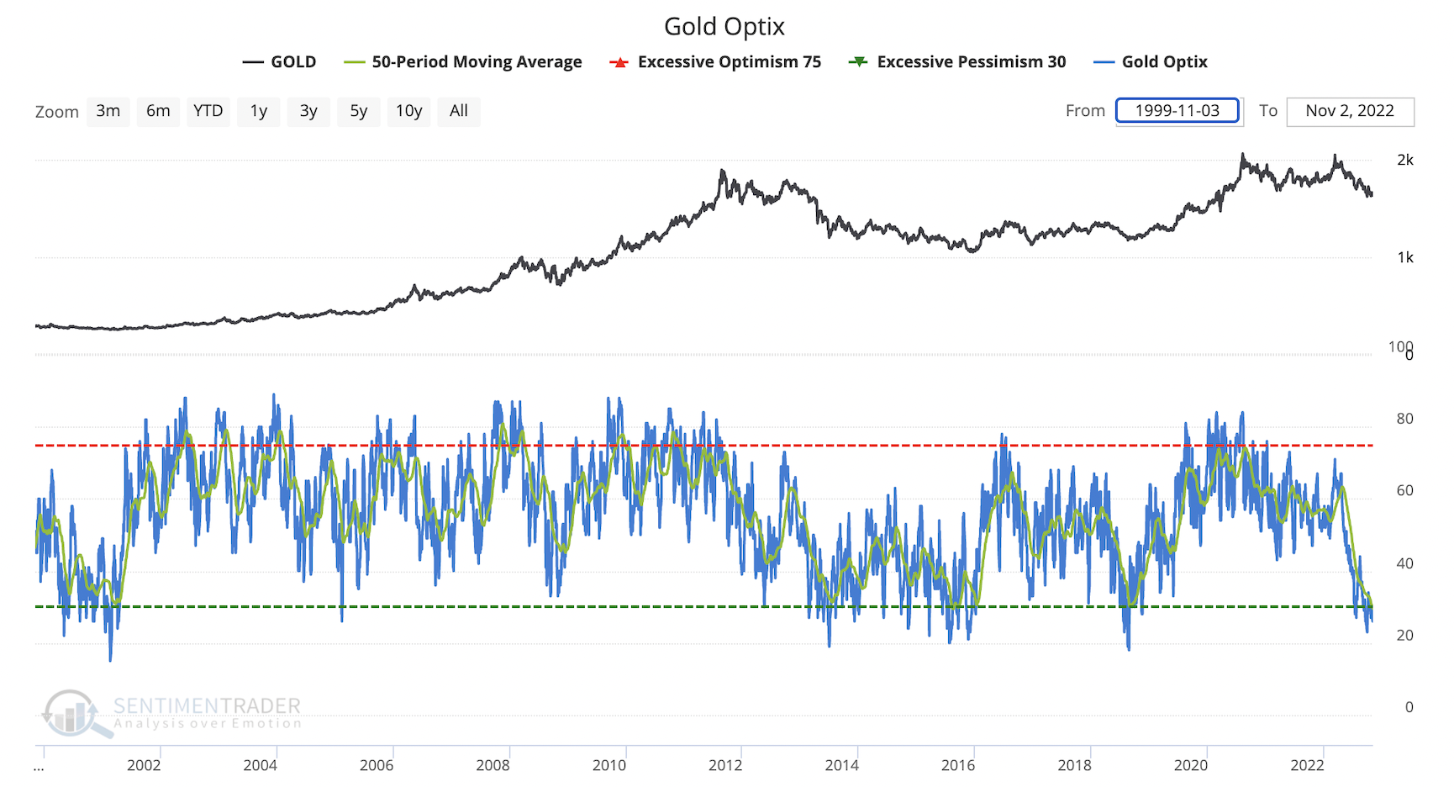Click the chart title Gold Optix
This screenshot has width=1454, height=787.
pyautogui.click(x=724, y=27)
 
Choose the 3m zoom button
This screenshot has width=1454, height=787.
pyautogui.click(x=108, y=111)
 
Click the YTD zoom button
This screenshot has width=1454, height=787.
pyautogui.click(x=208, y=111)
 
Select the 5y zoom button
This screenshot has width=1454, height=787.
pyautogui.click(x=359, y=111)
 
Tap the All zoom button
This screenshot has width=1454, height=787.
pyautogui.click(x=458, y=111)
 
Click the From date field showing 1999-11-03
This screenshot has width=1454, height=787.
pyautogui.click(x=1177, y=111)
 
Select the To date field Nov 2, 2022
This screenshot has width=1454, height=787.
pyautogui.click(x=1349, y=111)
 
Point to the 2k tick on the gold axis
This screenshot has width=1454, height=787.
pyautogui.click(x=1404, y=160)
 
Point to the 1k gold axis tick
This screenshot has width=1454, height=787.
pyautogui.click(x=1404, y=258)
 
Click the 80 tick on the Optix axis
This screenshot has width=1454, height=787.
pyautogui.click(x=1404, y=419)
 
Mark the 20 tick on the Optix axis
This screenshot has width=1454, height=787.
pyautogui.click(x=1404, y=636)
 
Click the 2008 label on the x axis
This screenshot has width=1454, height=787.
pyautogui.click(x=493, y=765)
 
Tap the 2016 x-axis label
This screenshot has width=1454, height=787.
pyautogui.click(x=957, y=765)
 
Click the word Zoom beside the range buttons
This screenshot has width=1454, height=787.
pyautogui.click(x=56, y=112)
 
